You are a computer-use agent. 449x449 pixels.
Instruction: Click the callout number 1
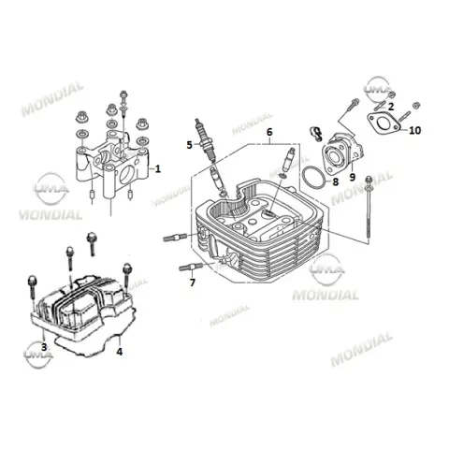[x=158, y=169]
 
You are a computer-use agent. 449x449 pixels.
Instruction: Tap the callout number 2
[x=391, y=107]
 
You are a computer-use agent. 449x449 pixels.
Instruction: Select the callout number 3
[x=44, y=347]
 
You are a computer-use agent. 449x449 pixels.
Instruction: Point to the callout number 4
[x=120, y=352]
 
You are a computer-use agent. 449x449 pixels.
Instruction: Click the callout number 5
[x=190, y=145]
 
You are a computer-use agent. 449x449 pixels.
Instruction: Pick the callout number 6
[x=269, y=132]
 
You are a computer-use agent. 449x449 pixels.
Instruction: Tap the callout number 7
[x=193, y=282]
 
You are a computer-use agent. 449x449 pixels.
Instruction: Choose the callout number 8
[x=336, y=181]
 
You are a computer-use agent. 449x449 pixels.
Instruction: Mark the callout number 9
[x=353, y=177]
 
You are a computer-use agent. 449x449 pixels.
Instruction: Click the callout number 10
[x=414, y=130]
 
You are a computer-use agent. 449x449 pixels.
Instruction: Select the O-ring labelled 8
[x=313, y=178]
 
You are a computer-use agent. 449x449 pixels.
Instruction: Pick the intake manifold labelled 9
[x=343, y=152]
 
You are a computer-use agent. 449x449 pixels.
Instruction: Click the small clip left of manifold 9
[x=315, y=134]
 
